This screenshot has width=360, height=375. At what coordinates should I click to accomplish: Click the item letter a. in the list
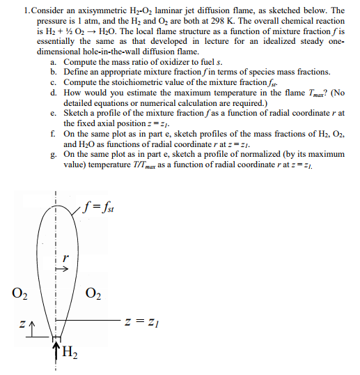coord(54,63)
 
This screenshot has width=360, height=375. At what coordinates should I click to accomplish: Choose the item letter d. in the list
coord(54,92)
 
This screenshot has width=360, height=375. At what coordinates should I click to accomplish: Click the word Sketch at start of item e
coord(77,112)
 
